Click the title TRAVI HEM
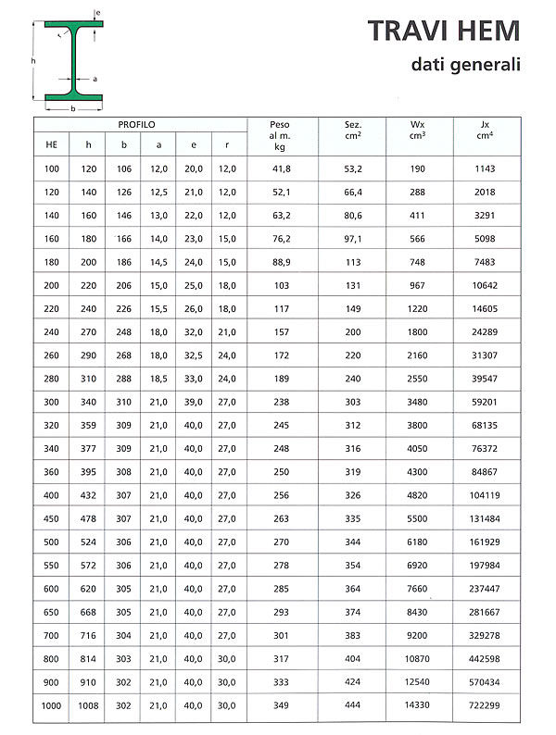[x=444, y=31]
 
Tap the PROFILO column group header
[x=136, y=124]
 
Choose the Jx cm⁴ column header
[x=486, y=129]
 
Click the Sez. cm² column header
[x=352, y=129]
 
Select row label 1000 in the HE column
[x=51, y=707]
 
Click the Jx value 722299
[x=485, y=707]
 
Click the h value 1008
[x=88, y=707]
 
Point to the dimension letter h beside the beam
[x=32, y=61]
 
